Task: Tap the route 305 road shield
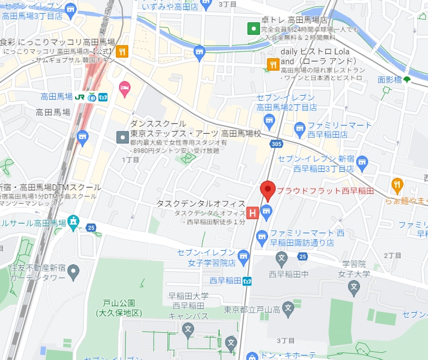point(276,144)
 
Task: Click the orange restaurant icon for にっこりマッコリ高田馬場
point(122,52)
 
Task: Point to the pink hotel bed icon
point(124,88)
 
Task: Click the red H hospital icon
point(252,213)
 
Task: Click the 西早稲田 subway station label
point(225,281)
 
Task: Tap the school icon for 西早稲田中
point(282,257)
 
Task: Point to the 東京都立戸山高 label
point(252,310)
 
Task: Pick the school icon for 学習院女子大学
point(353,285)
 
